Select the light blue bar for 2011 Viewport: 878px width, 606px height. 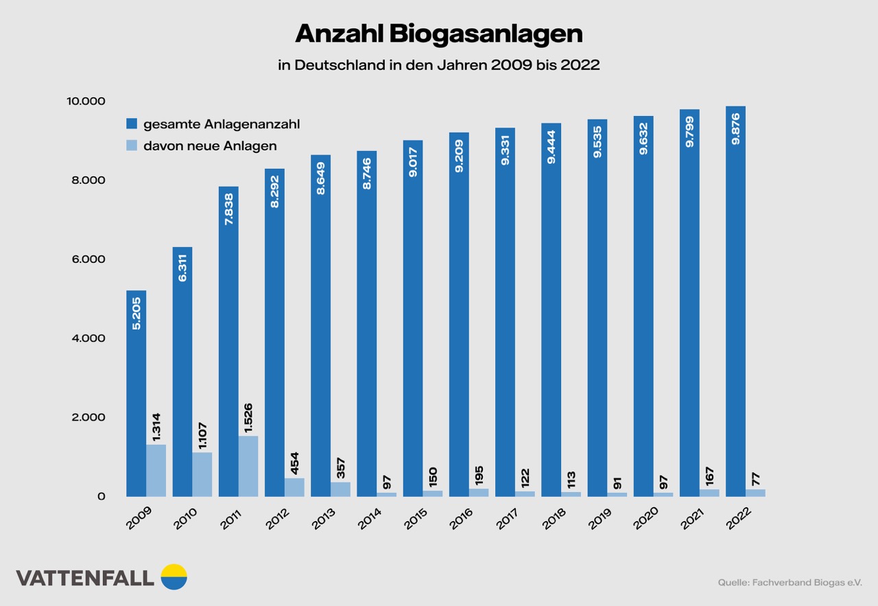coord(248,466)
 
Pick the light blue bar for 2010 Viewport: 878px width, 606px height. coord(202,474)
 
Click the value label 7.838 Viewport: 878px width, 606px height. coord(228,210)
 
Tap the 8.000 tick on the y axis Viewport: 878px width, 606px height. coord(86,180)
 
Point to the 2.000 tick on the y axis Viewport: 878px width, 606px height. coord(86,417)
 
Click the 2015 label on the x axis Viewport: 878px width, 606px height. coord(416,519)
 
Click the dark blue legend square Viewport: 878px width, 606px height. coord(132,124)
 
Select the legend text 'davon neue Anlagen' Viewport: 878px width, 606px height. coord(210,145)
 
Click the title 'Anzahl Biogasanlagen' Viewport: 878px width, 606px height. coord(439,34)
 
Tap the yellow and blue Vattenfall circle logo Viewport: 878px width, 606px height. coord(174,577)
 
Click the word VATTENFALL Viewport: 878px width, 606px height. coord(84,578)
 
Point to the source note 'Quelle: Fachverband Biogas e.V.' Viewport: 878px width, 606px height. coord(790,583)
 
